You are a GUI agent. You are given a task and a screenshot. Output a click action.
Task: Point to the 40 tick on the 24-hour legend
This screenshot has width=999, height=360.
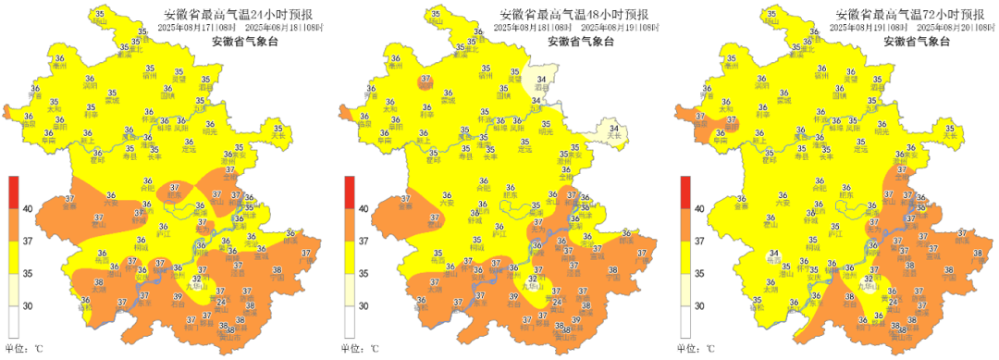point(29,209)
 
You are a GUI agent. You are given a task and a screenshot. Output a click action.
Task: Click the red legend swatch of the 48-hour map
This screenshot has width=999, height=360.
point(349,192)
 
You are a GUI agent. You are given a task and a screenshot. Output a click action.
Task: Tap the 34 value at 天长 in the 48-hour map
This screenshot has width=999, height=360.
point(612,128)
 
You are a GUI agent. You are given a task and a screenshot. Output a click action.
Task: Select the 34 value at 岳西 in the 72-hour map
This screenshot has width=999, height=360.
point(774,254)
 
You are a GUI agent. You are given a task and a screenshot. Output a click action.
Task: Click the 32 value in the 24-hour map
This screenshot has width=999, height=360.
point(197,279)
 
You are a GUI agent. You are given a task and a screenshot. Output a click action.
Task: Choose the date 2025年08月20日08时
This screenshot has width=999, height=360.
point(954,28)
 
